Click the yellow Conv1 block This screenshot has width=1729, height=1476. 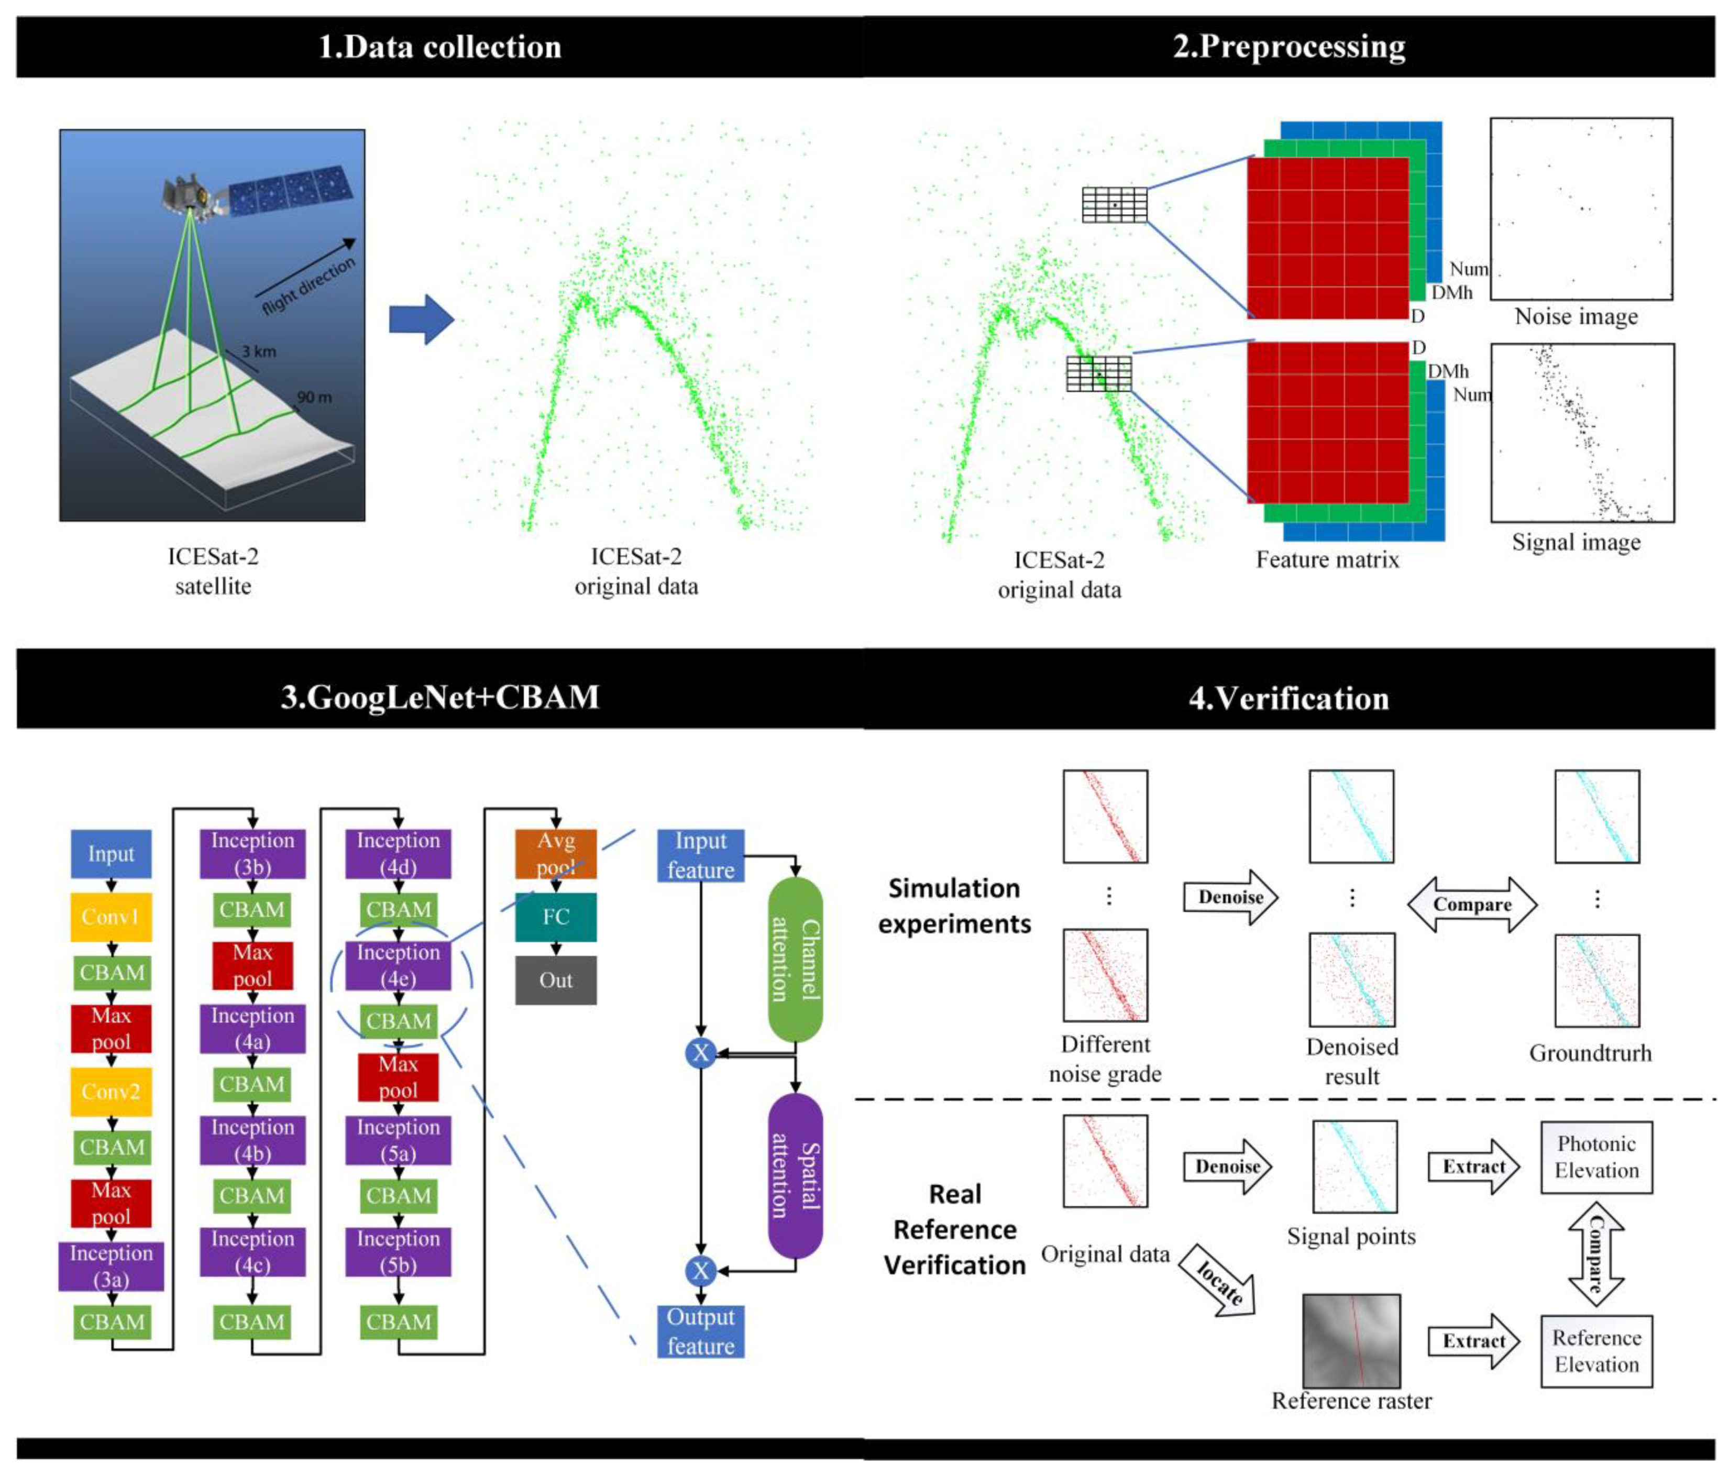pos(111,917)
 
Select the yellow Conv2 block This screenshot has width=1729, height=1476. pos(111,1092)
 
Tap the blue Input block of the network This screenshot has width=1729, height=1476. pos(111,854)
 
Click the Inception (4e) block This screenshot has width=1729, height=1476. pos(398,965)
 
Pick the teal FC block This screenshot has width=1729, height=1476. pos(556,917)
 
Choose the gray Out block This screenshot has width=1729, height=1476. pos(556,981)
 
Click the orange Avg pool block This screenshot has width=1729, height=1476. pos(556,854)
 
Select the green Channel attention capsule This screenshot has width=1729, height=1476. pos(795,960)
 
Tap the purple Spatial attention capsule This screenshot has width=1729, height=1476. pos(795,1176)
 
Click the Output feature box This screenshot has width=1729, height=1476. pos(700,1331)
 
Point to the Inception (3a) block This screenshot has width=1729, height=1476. pos(111,1266)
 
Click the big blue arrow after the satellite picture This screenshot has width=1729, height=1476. pos(422,320)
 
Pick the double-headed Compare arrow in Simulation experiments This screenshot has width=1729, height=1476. pos(1472,905)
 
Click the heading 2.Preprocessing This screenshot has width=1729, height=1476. pos(1289,47)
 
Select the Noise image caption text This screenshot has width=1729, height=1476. pos(1576,317)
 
